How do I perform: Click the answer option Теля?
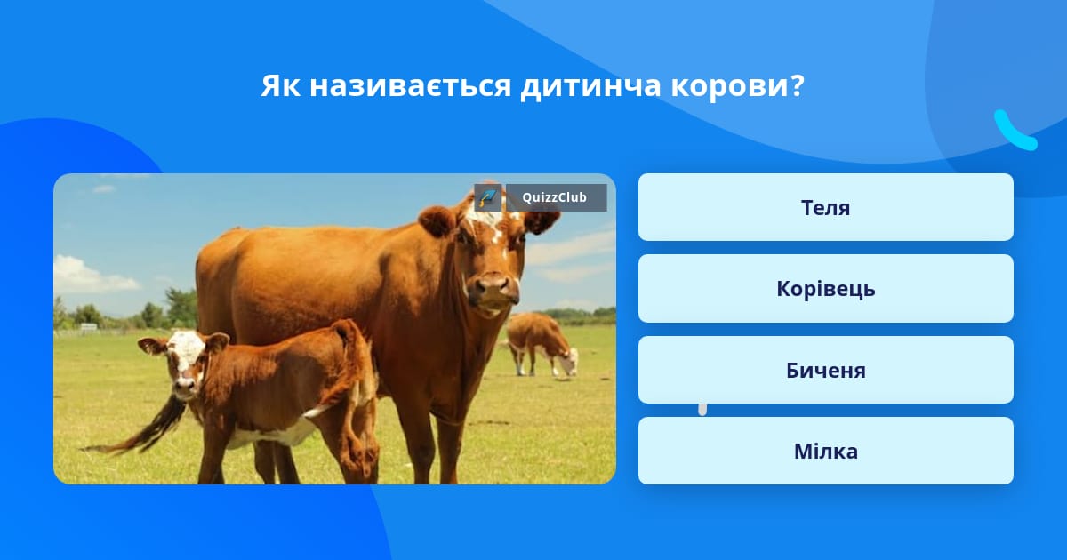pyautogui.click(x=825, y=207)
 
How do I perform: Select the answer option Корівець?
pyautogui.click(x=825, y=289)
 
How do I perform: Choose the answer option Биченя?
pyautogui.click(x=825, y=370)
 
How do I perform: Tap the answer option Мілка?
pyautogui.click(x=825, y=451)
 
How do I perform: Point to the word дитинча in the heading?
pyautogui.click(x=590, y=87)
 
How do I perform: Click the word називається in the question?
pyautogui.click(x=410, y=86)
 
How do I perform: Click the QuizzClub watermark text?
pyautogui.click(x=555, y=197)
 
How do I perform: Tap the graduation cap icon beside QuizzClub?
pyautogui.click(x=488, y=197)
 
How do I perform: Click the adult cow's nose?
pyautogui.click(x=493, y=287)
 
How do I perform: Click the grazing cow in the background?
pyautogui.click(x=541, y=344)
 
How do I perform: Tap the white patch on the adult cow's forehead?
pyautogui.click(x=485, y=217)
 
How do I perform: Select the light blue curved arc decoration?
pyautogui.click(x=1015, y=132)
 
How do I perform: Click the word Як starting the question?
pyautogui.click(x=281, y=86)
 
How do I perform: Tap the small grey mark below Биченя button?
pyautogui.click(x=702, y=410)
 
